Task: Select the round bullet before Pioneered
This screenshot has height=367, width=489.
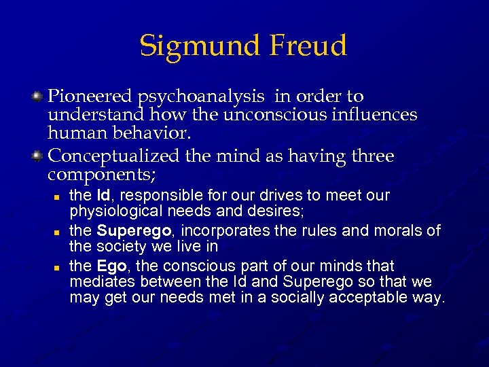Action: pyautogui.click(x=39, y=98)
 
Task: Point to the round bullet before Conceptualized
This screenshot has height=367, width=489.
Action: pyautogui.click(x=39, y=157)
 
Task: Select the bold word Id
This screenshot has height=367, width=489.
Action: pyautogui.click(x=103, y=196)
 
